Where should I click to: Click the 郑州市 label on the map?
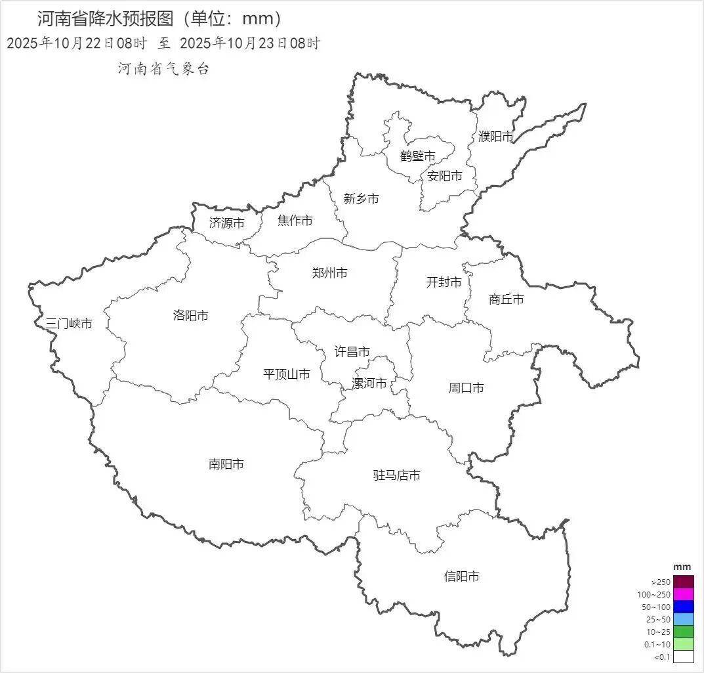pos(330,273)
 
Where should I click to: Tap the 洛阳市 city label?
pos(191,316)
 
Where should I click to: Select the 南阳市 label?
pos(226,464)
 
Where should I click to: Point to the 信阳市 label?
pos(462,576)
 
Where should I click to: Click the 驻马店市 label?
pos(396,475)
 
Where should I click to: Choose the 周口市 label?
pos(466,388)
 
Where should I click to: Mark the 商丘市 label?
pos(507,299)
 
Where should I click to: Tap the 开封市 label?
pos(444,282)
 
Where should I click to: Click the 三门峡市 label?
pos(69,323)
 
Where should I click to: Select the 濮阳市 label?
pos(496,137)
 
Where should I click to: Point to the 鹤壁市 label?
pos(418,156)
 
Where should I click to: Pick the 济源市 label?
pos(227,223)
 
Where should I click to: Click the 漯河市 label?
pos(369,383)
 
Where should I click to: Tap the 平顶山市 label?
pos(287,374)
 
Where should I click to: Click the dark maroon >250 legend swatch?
pos(683,582)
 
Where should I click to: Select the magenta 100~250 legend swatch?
pos(683,594)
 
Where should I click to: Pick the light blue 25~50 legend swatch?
pos(683,619)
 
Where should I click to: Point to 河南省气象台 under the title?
pos(163,69)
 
